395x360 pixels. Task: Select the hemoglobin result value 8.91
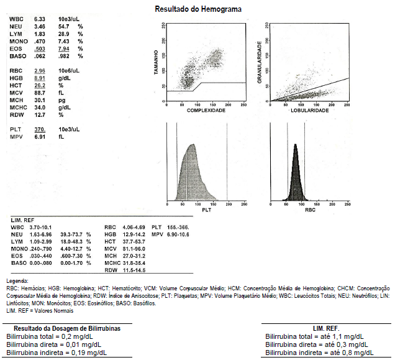coord(41,78)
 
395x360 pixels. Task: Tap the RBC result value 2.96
coord(41,71)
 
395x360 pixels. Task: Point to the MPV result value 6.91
coord(41,136)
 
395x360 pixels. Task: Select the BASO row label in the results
coord(19,57)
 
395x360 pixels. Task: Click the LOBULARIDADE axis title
coord(309,109)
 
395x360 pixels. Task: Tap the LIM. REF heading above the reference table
coord(24,221)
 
